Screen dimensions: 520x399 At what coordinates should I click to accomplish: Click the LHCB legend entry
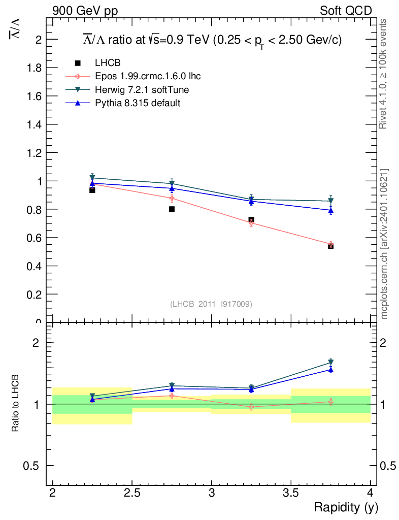(x=108, y=63)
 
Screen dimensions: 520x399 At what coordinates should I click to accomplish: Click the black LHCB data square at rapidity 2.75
(x=172, y=209)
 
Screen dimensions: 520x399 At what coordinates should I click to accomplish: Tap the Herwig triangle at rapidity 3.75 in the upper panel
(x=330, y=201)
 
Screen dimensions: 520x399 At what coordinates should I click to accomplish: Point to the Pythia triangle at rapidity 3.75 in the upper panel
(x=330, y=210)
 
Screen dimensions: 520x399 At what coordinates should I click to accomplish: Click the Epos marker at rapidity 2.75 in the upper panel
(x=172, y=198)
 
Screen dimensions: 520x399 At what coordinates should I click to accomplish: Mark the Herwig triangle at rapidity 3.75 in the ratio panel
(x=330, y=362)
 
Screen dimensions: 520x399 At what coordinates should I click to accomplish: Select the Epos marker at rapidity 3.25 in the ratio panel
(x=251, y=407)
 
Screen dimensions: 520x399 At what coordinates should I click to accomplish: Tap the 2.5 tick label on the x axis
(x=132, y=493)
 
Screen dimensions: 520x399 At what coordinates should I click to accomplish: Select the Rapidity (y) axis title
(x=346, y=507)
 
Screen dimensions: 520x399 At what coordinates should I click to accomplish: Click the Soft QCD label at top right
(x=346, y=11)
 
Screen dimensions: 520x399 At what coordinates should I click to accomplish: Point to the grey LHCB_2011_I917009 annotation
(x=211, y=304)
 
